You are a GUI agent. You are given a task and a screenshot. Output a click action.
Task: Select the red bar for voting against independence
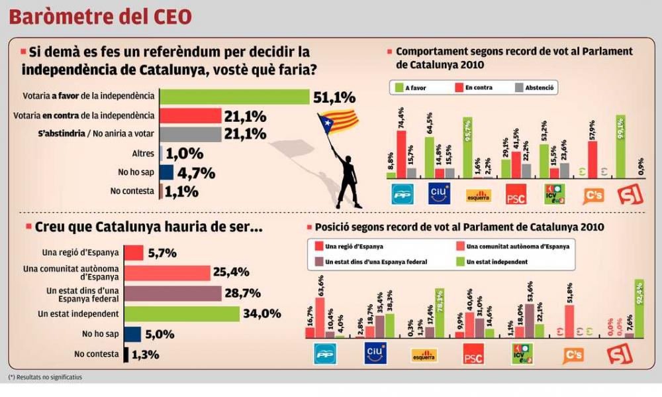[192, 116]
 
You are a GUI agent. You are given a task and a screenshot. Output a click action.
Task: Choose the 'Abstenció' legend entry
[534, 87]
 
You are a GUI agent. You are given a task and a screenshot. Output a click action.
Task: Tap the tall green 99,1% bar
[620, 146]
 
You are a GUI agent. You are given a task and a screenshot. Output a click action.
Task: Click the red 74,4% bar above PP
[401, 154]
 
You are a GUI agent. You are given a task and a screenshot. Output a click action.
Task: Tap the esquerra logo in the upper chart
[478, 195]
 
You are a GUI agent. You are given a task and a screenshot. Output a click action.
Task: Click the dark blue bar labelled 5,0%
[132, 334]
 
